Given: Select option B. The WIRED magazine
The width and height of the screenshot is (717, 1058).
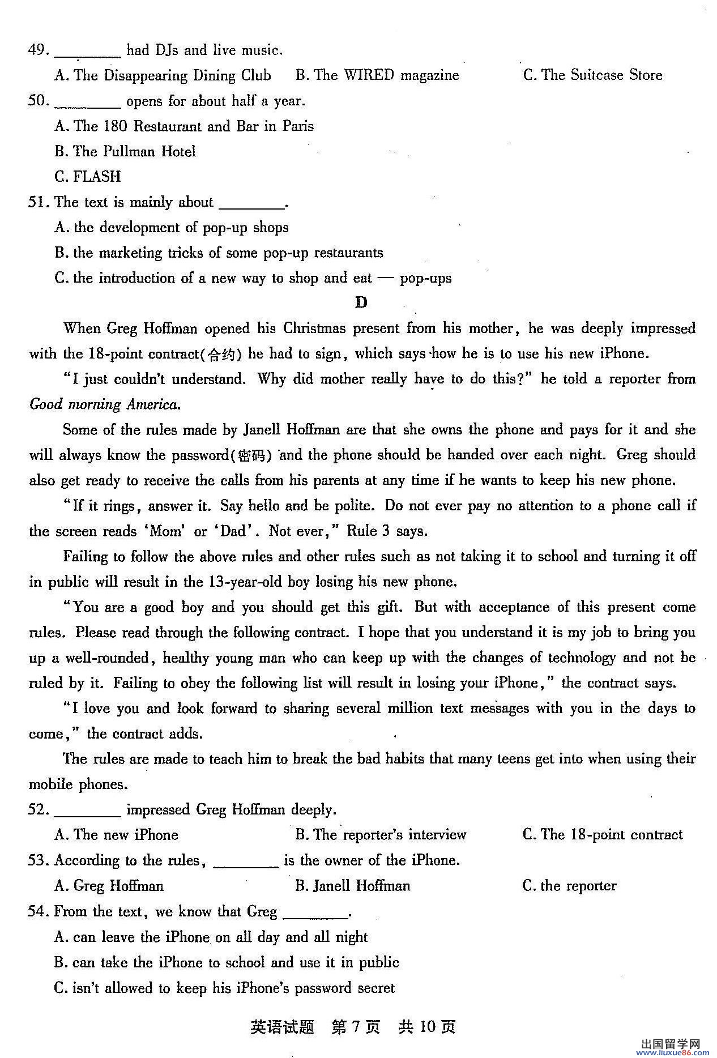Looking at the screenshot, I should point(377,75).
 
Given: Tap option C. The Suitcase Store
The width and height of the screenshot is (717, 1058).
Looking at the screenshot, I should point(592,75).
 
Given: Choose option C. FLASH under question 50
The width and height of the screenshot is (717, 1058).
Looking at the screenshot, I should point(88,177).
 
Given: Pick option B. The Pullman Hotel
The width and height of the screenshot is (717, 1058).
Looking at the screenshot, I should point(125,151).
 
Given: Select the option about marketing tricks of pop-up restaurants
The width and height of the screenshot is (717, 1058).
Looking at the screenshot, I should point(219,253).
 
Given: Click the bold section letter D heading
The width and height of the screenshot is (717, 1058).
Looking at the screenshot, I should point(361,302).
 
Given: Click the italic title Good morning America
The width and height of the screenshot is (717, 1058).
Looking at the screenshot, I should point(105,404).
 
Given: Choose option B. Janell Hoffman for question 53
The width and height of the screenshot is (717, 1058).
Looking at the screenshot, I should point(352,886).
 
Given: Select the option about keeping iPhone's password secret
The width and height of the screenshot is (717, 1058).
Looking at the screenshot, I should point(224,988).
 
